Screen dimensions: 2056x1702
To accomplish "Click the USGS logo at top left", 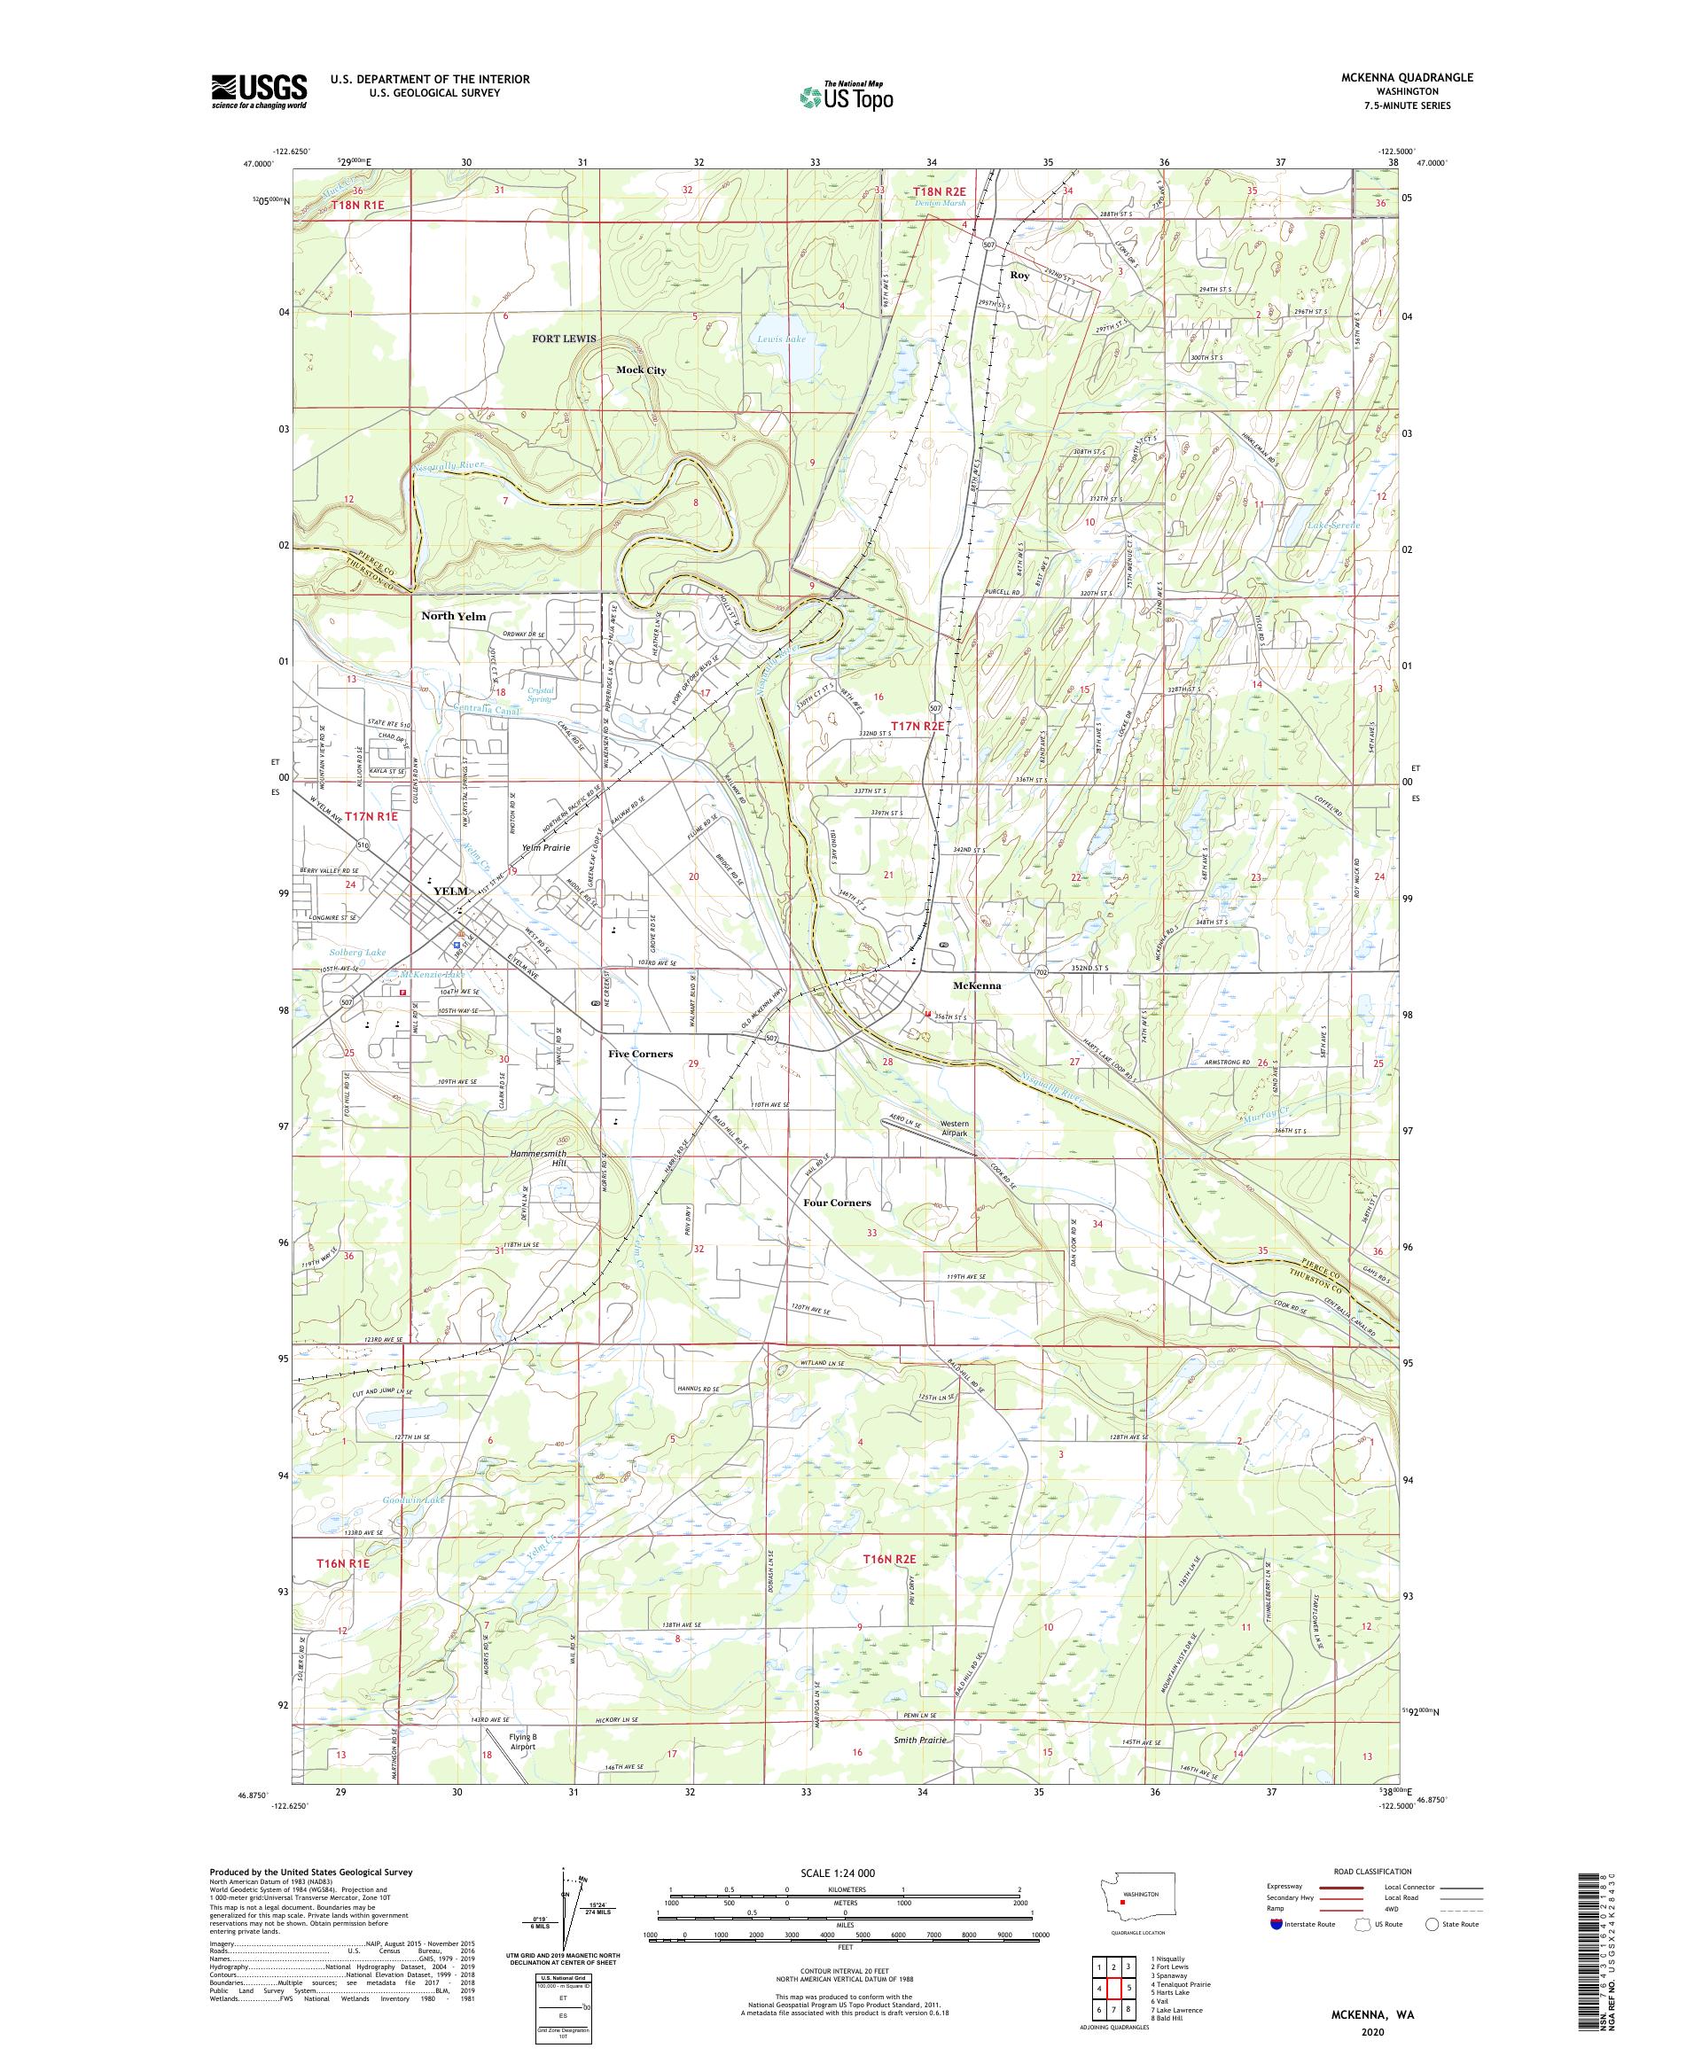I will (x=260, y=92).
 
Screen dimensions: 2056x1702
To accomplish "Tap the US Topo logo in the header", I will (x=847, y=95).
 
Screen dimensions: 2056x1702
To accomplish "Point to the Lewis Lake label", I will (x=782, y=339).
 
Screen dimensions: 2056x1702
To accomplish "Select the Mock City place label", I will (x=642, y=370).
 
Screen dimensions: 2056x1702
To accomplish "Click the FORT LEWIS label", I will (x=564, y=339).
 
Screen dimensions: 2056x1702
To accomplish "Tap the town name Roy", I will (x=1019, y=276).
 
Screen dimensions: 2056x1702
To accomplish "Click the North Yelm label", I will (x=453, y=616).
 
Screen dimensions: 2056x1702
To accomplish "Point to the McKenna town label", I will (x=976, y=985).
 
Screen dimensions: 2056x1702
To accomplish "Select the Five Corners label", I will (x=639, y=1055).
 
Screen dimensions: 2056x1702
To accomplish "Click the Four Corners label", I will (x=836, y=1203).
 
